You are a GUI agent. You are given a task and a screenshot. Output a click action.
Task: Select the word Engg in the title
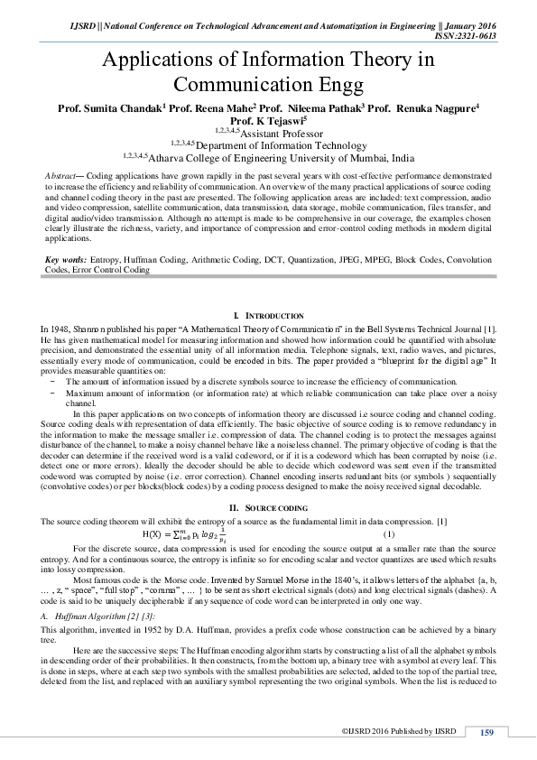click(340, 85)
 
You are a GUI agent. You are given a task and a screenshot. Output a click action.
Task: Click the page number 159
click(486, 731)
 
